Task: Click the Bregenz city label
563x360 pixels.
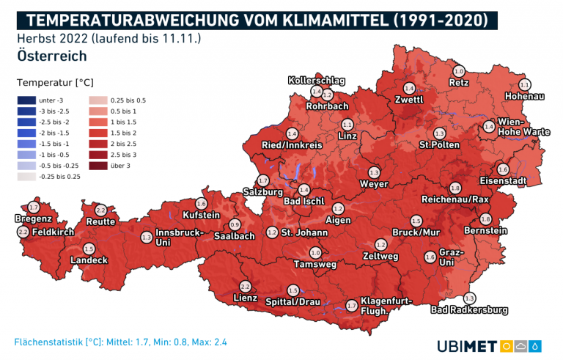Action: (33, 218)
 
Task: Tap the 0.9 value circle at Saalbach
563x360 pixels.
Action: (235, 224)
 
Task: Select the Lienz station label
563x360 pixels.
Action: (244, 298)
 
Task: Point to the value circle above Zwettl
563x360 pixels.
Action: (409, 88)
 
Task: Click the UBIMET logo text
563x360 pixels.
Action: (467, 345)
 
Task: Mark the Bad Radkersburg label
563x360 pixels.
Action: (469, 310)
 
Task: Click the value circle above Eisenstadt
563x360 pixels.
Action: (502, 169)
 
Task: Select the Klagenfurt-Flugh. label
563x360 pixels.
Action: (387, 305)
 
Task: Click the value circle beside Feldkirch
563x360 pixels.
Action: (22, 232)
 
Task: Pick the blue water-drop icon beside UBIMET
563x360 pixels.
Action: (536, 345)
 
